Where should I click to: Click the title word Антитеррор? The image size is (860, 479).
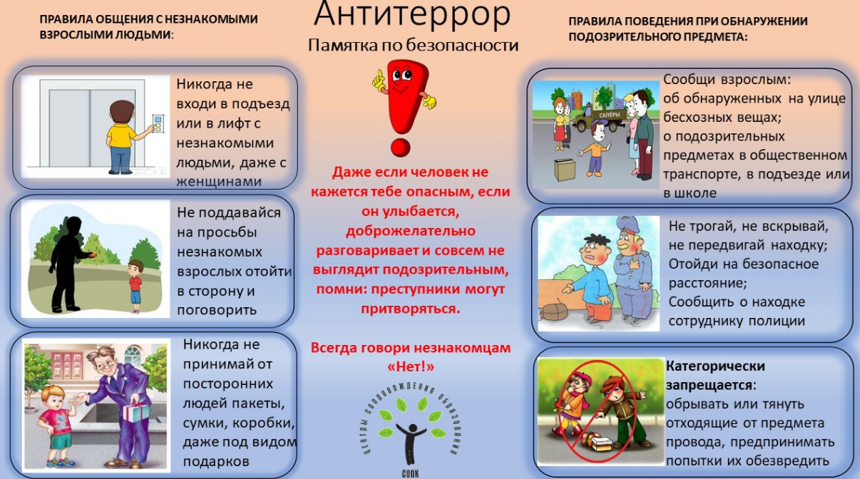[412, 14]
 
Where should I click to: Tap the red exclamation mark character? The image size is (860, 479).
[404, 108]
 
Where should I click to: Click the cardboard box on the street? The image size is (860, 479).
[565, 169]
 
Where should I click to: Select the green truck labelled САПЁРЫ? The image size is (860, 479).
[601, 118]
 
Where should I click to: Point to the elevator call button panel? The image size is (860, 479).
[158, 123]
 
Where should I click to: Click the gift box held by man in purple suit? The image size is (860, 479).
[136, 412]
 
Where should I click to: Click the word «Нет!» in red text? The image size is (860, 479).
[411, 367]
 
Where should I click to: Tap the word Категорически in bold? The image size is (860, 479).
[715, 366]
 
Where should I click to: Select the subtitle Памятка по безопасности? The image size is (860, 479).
[413, 46]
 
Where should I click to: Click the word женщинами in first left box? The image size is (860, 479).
[219, 182]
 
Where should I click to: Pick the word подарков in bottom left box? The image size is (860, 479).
[216, 461]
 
